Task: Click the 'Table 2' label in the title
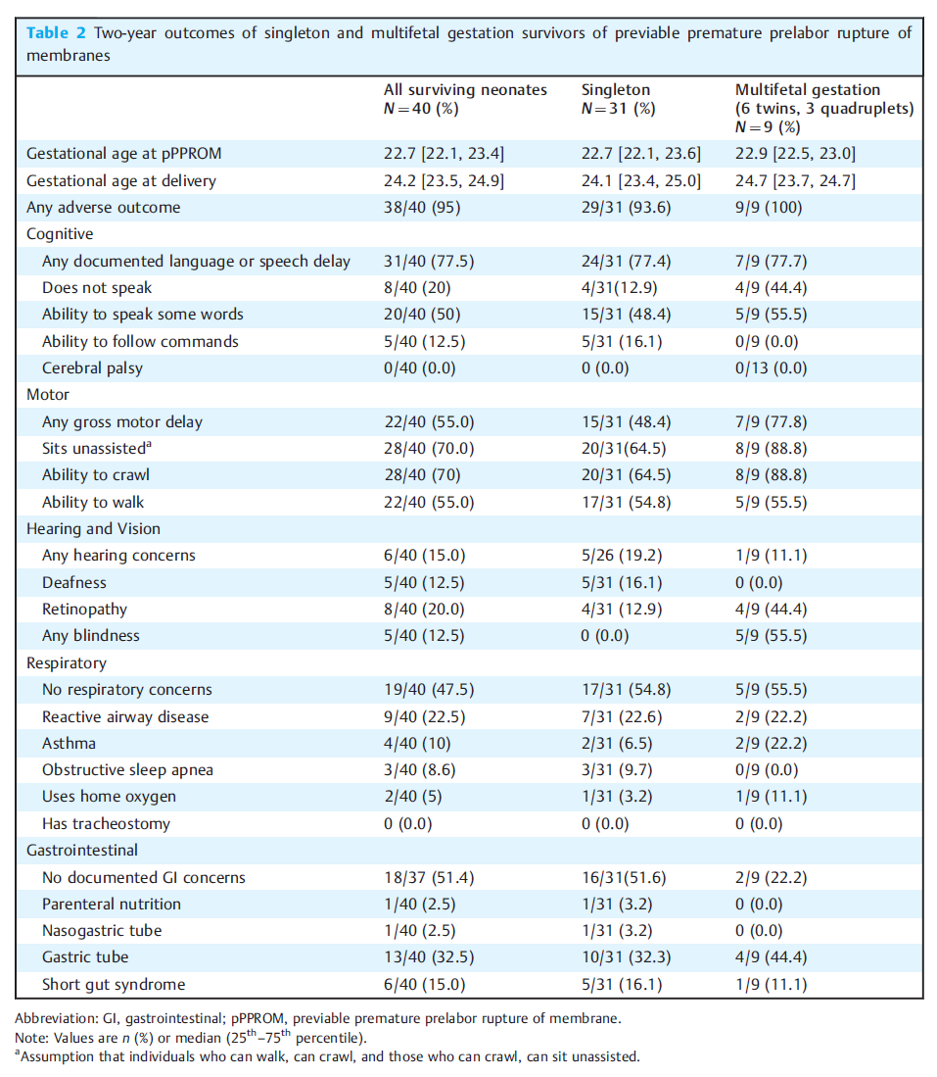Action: [56, 33]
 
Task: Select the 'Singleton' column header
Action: [616, 90]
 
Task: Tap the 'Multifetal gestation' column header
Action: [807, 90]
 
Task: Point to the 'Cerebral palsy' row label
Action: [93, 368]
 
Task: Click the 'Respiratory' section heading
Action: [67, 663]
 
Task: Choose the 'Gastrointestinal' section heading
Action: [82, 851]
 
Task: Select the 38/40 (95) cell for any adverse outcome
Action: [422, 208]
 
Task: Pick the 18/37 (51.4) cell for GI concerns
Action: [429, 878]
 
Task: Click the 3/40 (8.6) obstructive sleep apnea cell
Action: [419, 770]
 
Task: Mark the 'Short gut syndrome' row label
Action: [114, 985]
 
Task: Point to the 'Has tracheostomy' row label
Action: [107, 824]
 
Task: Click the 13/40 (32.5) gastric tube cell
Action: [429, 957]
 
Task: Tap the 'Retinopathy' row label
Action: [84, 610]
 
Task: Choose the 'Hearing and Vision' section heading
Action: [93, 529]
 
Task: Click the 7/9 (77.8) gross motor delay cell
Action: [771, 421]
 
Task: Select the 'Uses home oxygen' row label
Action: [109, 797]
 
